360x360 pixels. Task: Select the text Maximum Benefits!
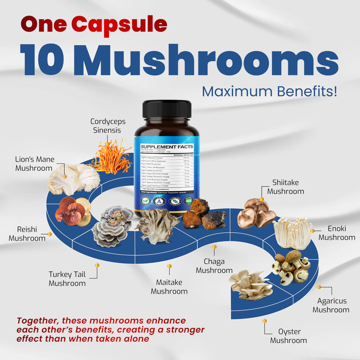[x=269, y=91]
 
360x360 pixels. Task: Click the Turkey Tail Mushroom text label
[x=67, y=279]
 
